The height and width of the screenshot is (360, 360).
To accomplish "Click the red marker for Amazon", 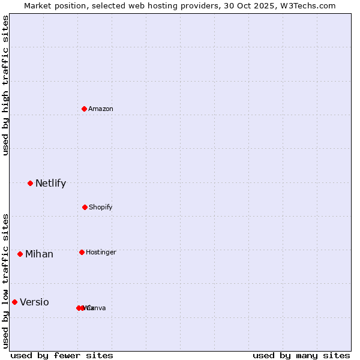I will click(85, 109).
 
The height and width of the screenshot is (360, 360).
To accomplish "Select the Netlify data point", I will click(30, 183).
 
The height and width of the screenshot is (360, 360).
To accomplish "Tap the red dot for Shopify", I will click(85, 207).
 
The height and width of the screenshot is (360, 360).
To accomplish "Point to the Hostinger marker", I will click(82, 252).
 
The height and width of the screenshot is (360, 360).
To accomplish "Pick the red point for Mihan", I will click(20, 254).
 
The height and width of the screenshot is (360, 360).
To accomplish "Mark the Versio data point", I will click(14, 302).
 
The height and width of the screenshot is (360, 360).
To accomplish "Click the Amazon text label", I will click(101, 109).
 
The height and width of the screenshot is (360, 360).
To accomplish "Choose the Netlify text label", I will click(50, 184).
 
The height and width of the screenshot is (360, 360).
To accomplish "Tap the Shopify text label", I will click(101, 208).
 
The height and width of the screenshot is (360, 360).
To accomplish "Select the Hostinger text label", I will click(101, 253).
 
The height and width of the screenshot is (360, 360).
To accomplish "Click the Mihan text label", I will click(39, 254).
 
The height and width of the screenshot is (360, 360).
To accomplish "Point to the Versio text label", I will click(34, 302).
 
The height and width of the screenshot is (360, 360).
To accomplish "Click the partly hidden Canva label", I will click(97, 308).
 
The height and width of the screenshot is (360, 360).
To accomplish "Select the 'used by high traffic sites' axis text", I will click(5, 85).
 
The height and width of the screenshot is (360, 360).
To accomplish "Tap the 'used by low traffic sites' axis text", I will click(5, 281).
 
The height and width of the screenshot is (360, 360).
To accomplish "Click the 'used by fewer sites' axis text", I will click(62, 356).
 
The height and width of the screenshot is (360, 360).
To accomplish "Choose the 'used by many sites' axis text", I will click(301, 356).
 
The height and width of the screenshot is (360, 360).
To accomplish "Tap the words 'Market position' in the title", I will click(52, 6).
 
